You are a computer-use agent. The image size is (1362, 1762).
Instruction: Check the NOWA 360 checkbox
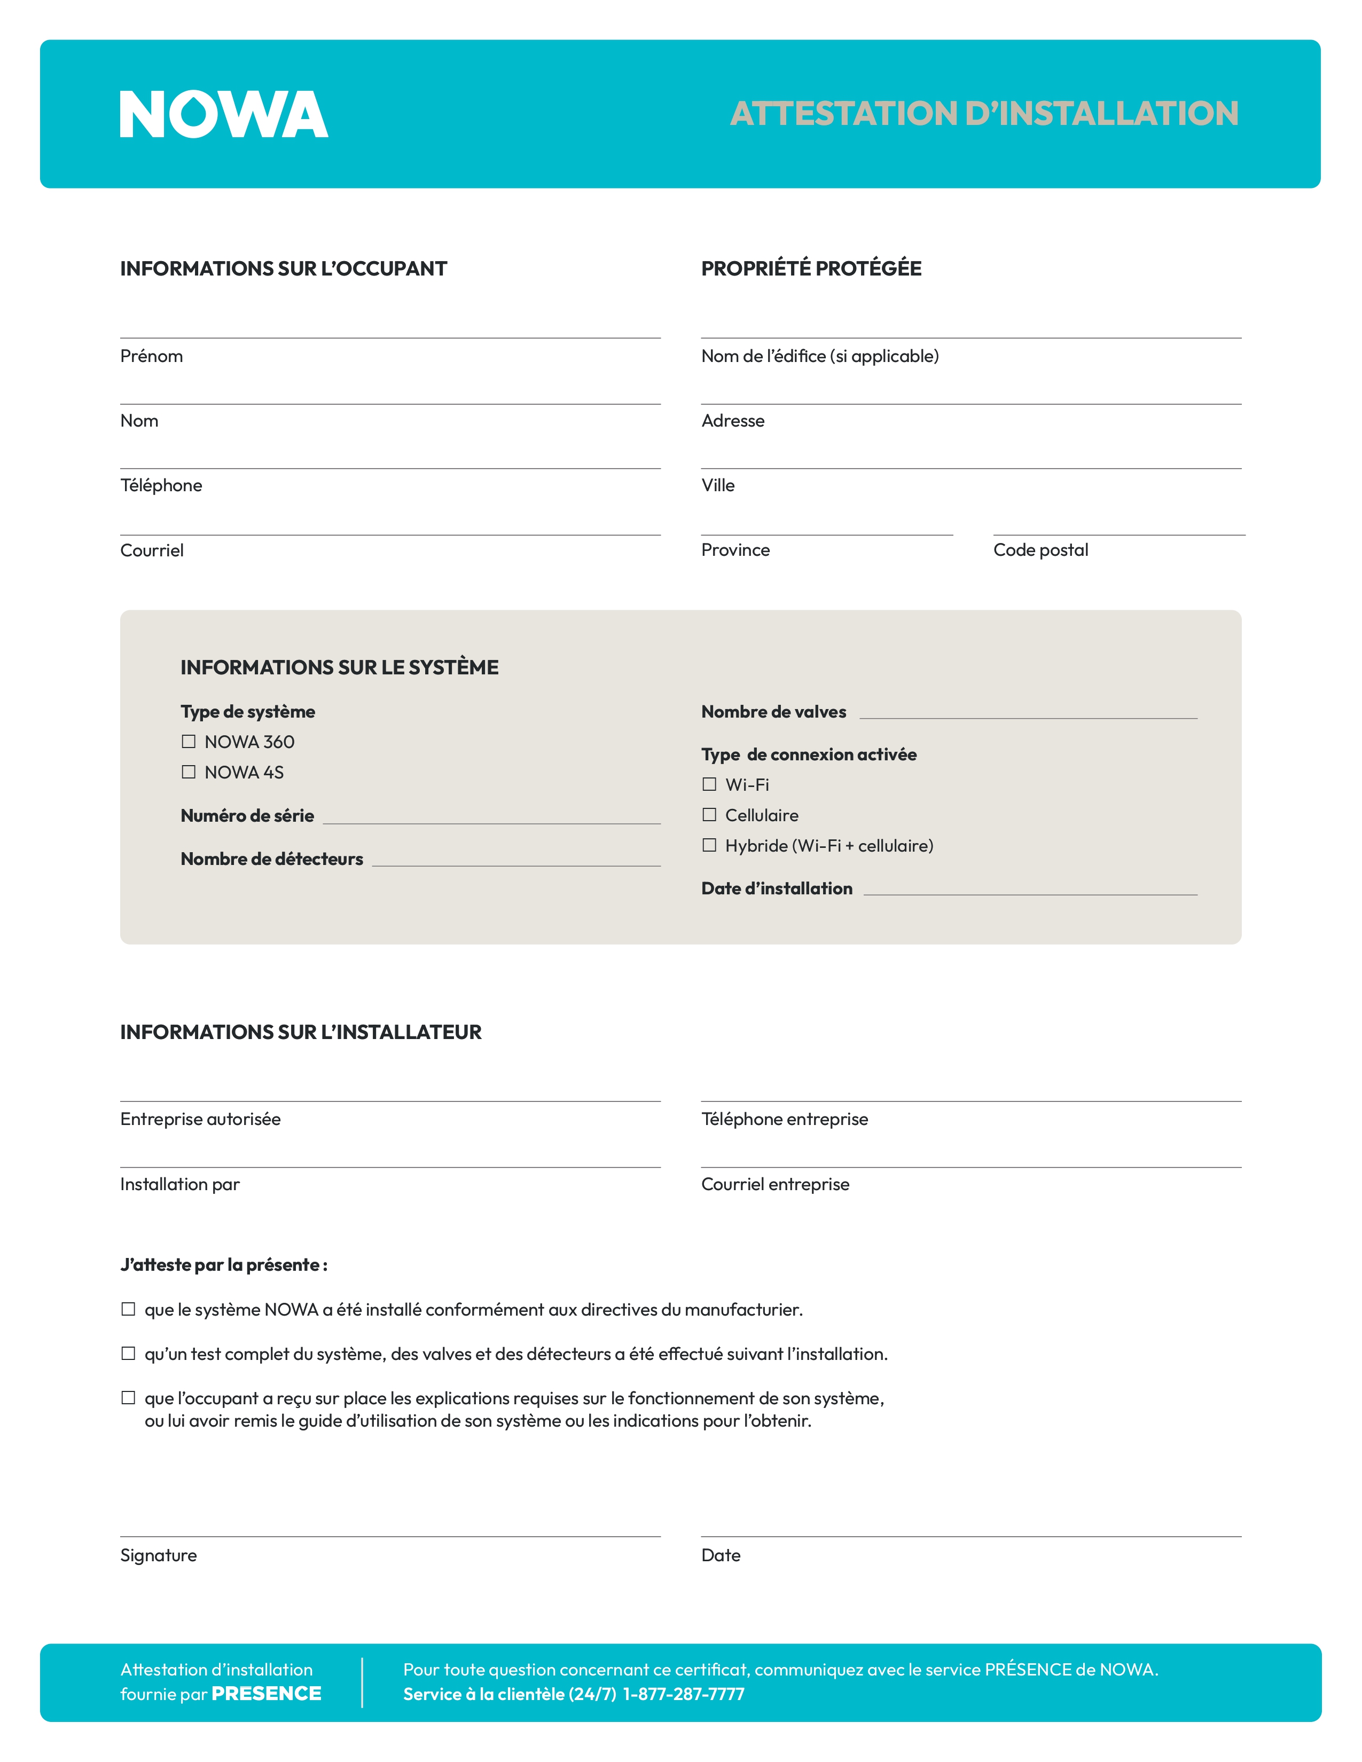(189, 742)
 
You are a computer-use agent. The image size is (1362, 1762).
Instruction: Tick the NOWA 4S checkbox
(189, 772)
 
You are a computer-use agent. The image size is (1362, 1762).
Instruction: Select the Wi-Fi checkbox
(709, 784)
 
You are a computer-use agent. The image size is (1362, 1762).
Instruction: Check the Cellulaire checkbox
(709, 815)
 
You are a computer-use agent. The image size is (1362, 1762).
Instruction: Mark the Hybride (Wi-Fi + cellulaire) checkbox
(709, 846)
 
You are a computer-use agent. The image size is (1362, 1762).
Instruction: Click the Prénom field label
(152, 357)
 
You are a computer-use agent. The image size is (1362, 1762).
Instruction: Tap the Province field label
(735, 550)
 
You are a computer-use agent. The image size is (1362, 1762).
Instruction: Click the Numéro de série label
(247, 816)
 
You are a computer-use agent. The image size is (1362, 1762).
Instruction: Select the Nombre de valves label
(773, 712)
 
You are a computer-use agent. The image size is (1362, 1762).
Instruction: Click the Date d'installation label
(776, 888)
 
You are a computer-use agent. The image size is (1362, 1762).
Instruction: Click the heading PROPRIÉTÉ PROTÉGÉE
(811, 269)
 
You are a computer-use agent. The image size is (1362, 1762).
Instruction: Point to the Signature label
(158, 1555)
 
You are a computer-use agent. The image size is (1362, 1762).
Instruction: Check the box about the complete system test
(128, 1354)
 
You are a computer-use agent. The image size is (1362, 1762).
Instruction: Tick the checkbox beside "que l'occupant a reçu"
(128, 1398)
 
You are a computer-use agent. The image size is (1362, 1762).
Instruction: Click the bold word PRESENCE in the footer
(267, 1694)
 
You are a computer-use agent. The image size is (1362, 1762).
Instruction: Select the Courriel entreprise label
(774, 1184)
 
